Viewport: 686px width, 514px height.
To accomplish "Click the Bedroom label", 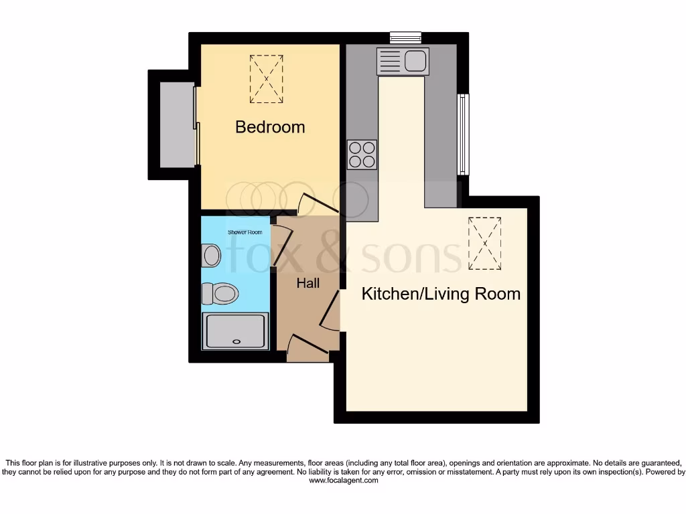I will tap(270, 127).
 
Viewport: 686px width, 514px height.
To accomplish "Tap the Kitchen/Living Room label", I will tap(441, 294).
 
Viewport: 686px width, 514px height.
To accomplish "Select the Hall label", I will tap(308, 283).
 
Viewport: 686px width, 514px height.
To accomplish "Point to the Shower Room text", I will tap(245, 232).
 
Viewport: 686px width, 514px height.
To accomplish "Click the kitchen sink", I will tap(403, 62).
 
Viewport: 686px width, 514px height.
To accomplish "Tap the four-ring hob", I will tap(362, 154).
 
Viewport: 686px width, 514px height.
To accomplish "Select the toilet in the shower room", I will tap(220, 293).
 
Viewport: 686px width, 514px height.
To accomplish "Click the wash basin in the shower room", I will tap(211, 255).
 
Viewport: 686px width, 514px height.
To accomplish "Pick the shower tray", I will tap(236, 331).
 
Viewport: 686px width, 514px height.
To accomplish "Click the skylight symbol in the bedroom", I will tap(267, 79).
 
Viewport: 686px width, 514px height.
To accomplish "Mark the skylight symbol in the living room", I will tap(485, 243).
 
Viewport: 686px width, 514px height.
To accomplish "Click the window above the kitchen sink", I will tap(405, 37).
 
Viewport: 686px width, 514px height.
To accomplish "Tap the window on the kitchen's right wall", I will tap(463, 134).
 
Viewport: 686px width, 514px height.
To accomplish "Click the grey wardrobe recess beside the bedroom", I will tap(178, 125).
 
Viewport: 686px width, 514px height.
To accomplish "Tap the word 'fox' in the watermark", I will tap(267, 254).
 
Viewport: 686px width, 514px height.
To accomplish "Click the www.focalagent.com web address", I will tap(343, 481).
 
